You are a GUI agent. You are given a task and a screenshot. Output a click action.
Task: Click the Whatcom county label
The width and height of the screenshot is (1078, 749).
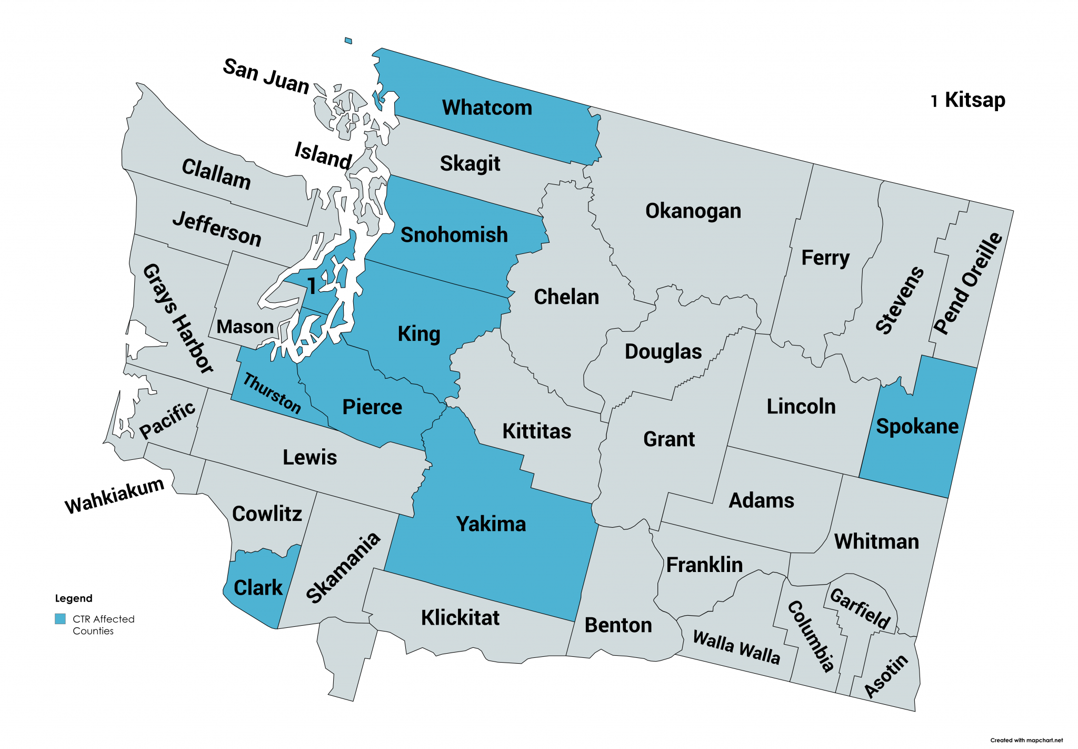tap(487, 107)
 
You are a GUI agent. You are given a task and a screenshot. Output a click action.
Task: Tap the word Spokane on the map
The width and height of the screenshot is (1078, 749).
tap(917, 426)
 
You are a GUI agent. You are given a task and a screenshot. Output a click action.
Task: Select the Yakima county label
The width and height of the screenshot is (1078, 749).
tap(491, 524)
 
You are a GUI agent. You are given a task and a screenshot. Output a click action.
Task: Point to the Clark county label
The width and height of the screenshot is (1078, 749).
tap(258, 587)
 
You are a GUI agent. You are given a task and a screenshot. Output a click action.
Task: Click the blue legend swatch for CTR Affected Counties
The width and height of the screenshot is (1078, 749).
tap(61, 619)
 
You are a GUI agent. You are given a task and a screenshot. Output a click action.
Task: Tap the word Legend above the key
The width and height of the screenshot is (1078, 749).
tap(74, 598)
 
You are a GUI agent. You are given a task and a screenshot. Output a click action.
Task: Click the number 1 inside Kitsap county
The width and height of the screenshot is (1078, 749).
tap(312, 286)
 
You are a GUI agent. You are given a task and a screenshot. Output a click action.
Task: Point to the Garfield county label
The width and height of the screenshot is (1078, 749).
tap(860, 609)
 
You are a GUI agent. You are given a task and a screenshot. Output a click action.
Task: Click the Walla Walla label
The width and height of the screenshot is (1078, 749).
tap(736, 647)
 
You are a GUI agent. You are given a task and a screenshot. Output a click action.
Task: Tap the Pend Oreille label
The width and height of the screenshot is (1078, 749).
tap(967, 283)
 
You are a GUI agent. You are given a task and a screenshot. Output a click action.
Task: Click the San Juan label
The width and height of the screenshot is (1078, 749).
tap(266, 77)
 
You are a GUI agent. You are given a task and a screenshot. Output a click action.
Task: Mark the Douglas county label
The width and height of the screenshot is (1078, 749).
tap(663, 351)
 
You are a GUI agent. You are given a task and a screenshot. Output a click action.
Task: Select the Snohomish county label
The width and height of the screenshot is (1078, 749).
tap(454, 235)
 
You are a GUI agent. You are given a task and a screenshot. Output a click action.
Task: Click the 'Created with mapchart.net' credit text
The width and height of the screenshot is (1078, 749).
tap(1026, 740)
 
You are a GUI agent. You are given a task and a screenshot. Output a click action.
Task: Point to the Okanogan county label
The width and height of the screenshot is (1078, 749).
tap(693, 211)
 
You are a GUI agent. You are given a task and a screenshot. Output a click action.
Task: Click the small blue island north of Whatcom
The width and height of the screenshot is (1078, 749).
tap(348, 41)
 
